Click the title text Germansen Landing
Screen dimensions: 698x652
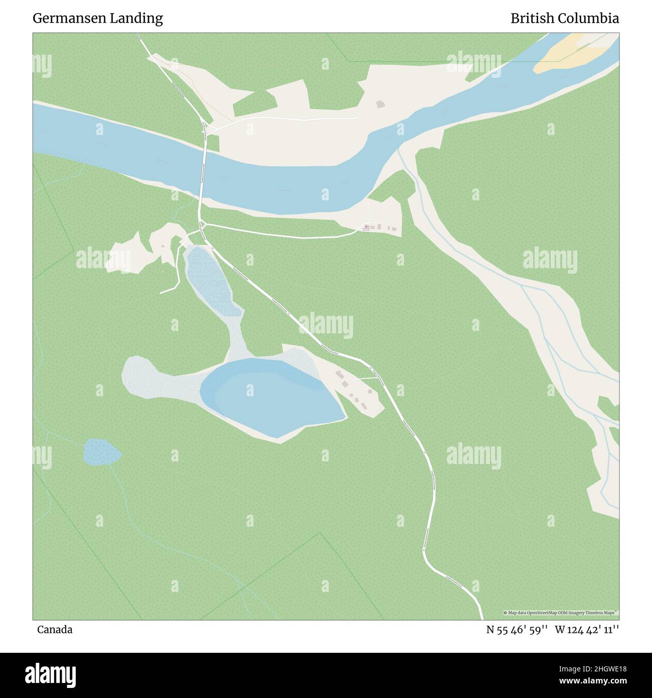[98, 19]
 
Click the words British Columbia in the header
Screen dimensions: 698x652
[564, 19]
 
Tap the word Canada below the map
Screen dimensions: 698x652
[55, 629]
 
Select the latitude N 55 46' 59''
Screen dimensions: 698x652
[518, 629]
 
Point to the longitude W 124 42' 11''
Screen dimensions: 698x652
[587, 629]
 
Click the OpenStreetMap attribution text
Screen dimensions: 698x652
[561, 613]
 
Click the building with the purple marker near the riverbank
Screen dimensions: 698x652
[367, 227]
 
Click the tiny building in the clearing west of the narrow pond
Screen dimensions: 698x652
[162, 246]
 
